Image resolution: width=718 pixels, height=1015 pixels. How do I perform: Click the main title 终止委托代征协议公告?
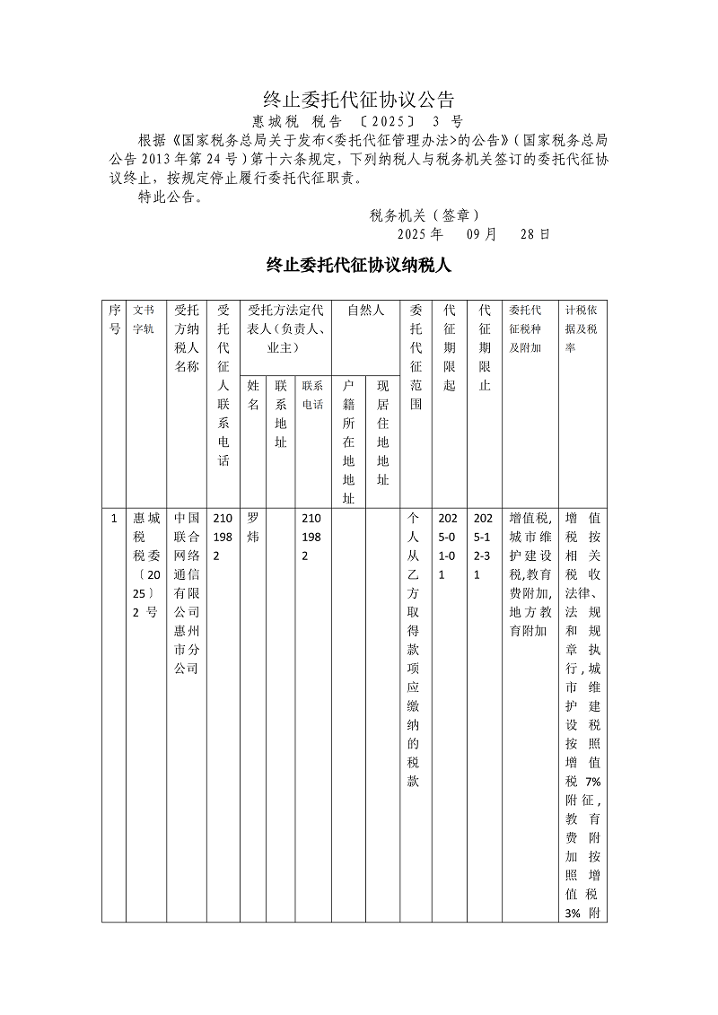click(359, 99)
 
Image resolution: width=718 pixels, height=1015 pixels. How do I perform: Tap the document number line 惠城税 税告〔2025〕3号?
click(357, 122)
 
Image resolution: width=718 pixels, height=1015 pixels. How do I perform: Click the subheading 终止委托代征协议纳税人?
click(358, 265)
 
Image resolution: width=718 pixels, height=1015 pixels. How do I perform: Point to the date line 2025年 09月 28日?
click(473, 234)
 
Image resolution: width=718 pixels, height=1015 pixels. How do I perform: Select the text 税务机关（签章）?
click(424, 215)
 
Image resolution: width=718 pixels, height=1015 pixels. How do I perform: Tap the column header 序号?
click(114, 319)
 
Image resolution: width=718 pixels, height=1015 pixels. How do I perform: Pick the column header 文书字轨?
click(144, 319)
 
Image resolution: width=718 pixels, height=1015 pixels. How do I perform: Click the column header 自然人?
click(365, 311)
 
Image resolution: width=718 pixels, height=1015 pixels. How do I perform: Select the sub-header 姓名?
click(254, 395)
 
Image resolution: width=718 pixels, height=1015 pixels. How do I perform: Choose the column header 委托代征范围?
click(415, 357)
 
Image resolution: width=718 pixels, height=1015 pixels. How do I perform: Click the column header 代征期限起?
click(450, 347)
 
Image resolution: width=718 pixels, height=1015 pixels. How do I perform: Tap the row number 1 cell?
click(114, 519)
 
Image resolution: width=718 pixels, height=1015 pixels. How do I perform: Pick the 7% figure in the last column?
click(591, 782)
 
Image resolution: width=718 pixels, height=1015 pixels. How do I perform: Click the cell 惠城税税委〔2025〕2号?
click(144, 565)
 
